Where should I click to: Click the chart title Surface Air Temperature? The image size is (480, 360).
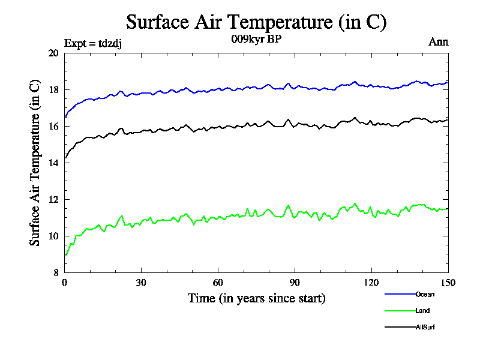point(256,22)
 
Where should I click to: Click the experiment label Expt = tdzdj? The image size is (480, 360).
point(93,43)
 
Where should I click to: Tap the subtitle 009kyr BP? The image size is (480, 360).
point(256,40)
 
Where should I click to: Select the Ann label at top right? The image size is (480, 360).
point(438,42)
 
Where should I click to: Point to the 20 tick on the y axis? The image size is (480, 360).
point(53,53)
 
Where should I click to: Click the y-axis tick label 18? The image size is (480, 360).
point(53,90)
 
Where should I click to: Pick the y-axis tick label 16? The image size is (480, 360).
point(53,127)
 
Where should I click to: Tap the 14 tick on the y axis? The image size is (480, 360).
point(53,163)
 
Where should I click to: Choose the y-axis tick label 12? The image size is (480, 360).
point(53,200)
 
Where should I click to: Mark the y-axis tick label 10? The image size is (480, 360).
point(53,236)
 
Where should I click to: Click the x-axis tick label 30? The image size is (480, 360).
point(142,283)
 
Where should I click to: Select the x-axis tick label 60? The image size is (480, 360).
point(218,283)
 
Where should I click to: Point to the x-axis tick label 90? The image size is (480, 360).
point(295,283)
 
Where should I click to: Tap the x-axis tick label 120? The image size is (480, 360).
point(371,283)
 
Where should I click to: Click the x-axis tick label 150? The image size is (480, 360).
point(448,283)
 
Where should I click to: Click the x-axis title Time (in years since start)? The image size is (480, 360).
point(256,298)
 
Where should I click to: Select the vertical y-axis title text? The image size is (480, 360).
point(35,163)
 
